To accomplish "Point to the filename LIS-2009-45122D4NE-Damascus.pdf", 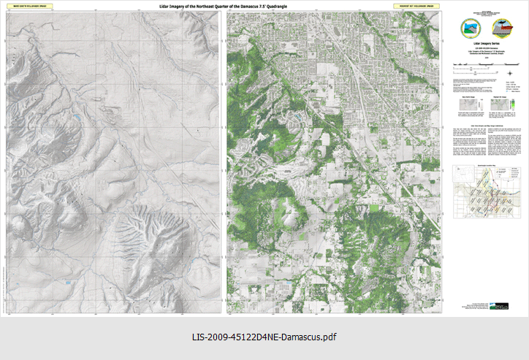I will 264,337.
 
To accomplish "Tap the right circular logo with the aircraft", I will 503,28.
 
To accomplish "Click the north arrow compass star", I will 510,72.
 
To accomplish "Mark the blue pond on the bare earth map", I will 75,116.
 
